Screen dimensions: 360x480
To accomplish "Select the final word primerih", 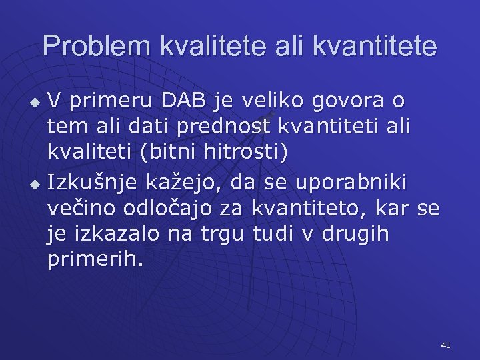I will [x=95, y=260].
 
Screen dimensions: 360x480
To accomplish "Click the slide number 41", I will [x=446, y=345].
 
